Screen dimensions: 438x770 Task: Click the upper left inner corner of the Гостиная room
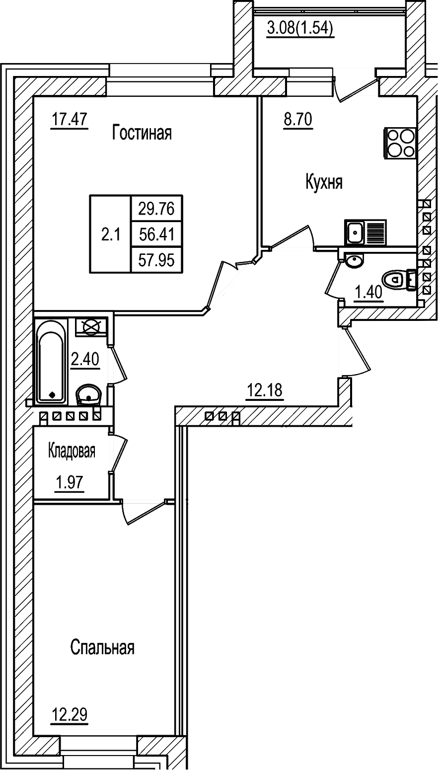tap(33, 96)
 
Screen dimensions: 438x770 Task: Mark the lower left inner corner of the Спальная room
tap(33, 733)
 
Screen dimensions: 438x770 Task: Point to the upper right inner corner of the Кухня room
tap(417, 96)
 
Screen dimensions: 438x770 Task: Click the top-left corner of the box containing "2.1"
tap(90, 195)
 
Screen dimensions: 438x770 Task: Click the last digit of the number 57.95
tap(170, 261)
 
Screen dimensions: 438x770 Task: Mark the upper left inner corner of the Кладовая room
tap(33, 427)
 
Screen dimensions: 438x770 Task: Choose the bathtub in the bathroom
tap(51, 361)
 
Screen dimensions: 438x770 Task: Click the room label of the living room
tap(142, 133)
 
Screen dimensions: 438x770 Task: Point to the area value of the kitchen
tap(297, 120)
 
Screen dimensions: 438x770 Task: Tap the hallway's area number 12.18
tap(265, 390)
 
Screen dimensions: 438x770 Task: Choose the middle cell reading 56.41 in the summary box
tap(156, 234)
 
